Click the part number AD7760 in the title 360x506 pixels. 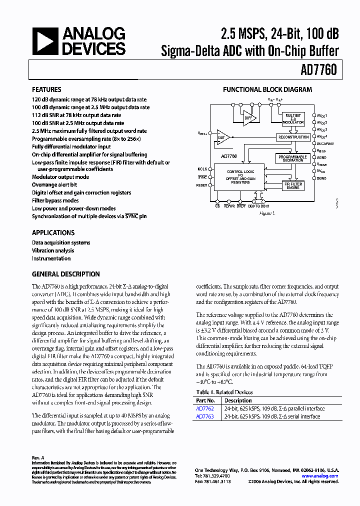point(318,71)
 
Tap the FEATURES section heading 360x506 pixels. point(46,90)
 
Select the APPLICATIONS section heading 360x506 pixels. point(53,232)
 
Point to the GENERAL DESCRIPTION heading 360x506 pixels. point(65,274)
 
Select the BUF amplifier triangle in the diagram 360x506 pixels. point(221,137)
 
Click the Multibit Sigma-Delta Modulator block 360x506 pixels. point(293,118)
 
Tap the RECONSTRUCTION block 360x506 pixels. point(293,137)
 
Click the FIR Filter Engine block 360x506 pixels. point(293,185)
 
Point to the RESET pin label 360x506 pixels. point(201,185)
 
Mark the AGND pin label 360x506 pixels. point(321,157)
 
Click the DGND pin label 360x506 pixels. point(321,178)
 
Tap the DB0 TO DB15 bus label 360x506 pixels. point(258,205)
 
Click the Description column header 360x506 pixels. point(238,400)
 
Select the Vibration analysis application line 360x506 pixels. point(53,250)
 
